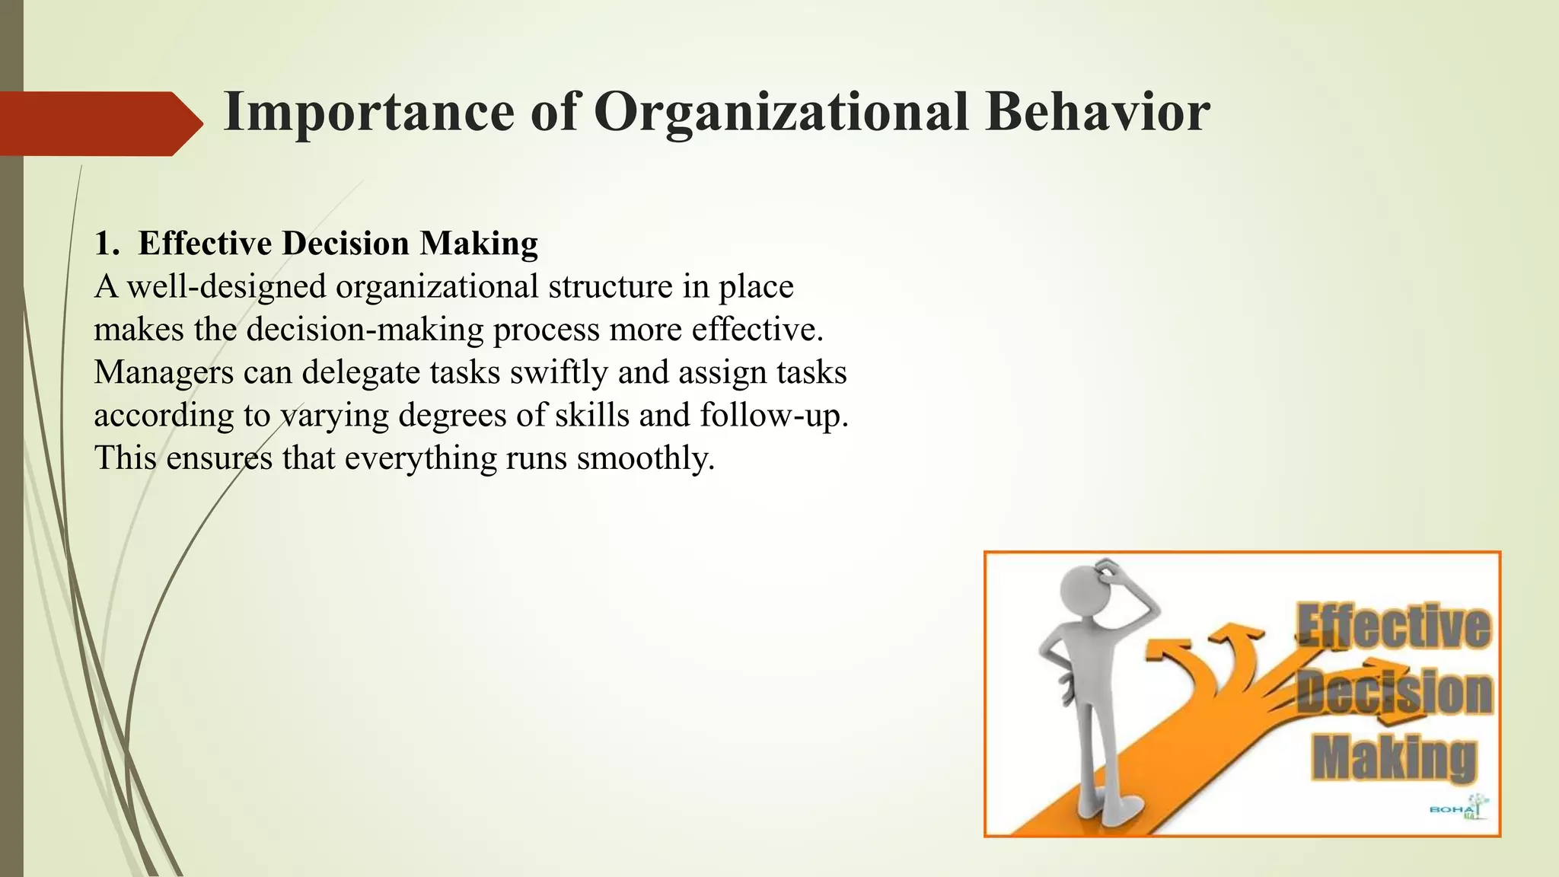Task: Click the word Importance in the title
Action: coord(369,113)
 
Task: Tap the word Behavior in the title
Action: coord(1097,113)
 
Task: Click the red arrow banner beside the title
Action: coord(99,123)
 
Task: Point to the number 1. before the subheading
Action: coord(107,244)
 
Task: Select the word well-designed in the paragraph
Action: coord(227,287)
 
